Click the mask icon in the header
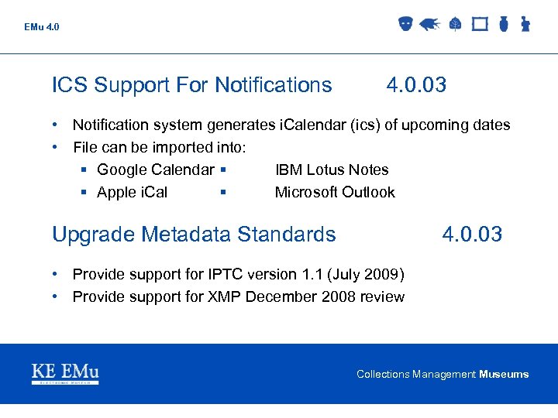(x=405, y=24)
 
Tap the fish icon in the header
(x=429, y=25)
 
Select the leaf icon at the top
(x=455, y=25)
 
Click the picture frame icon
(x=480, y=25)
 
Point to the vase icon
(x=503, y=25)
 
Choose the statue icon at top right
(x=525, y=25)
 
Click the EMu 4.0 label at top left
(x=41, y=27)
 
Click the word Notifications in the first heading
(x=273, y=85)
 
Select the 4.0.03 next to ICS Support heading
(x=416, y=85)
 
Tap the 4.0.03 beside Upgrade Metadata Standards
(x=472, y=234)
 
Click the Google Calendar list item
(x=155, y=170)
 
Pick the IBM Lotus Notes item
(x=332, y=170)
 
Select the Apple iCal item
(x=132, y=192)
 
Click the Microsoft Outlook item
(x=335, y=192)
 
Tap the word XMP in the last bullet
(x=225, y=296)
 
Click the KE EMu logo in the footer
(x=65, y=373)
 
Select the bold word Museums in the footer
(x=504, y=374)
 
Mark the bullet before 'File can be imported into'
(x=57, y=147)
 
